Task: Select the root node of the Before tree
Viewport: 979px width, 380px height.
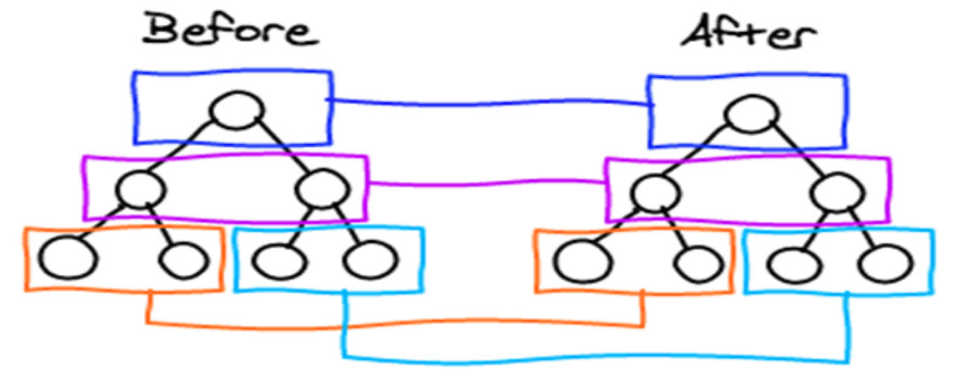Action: coord(237,110)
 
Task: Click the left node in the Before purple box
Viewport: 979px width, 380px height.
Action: coord(140,187)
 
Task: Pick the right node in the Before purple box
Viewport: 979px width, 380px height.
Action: coord(320,187)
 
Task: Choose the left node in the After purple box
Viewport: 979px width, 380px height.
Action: coord(655,190)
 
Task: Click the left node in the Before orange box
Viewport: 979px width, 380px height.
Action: coord(64,260)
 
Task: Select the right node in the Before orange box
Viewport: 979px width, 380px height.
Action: coord(181,260)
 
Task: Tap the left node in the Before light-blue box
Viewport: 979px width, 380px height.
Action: coord(277,260)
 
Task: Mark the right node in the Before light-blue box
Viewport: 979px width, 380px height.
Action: coord(368,260)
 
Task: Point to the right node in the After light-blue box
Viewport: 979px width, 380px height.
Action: coord(884,262)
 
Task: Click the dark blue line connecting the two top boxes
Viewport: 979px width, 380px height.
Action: coord(490,104)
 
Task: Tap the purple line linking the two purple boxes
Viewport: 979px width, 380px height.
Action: coord(486,185)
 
